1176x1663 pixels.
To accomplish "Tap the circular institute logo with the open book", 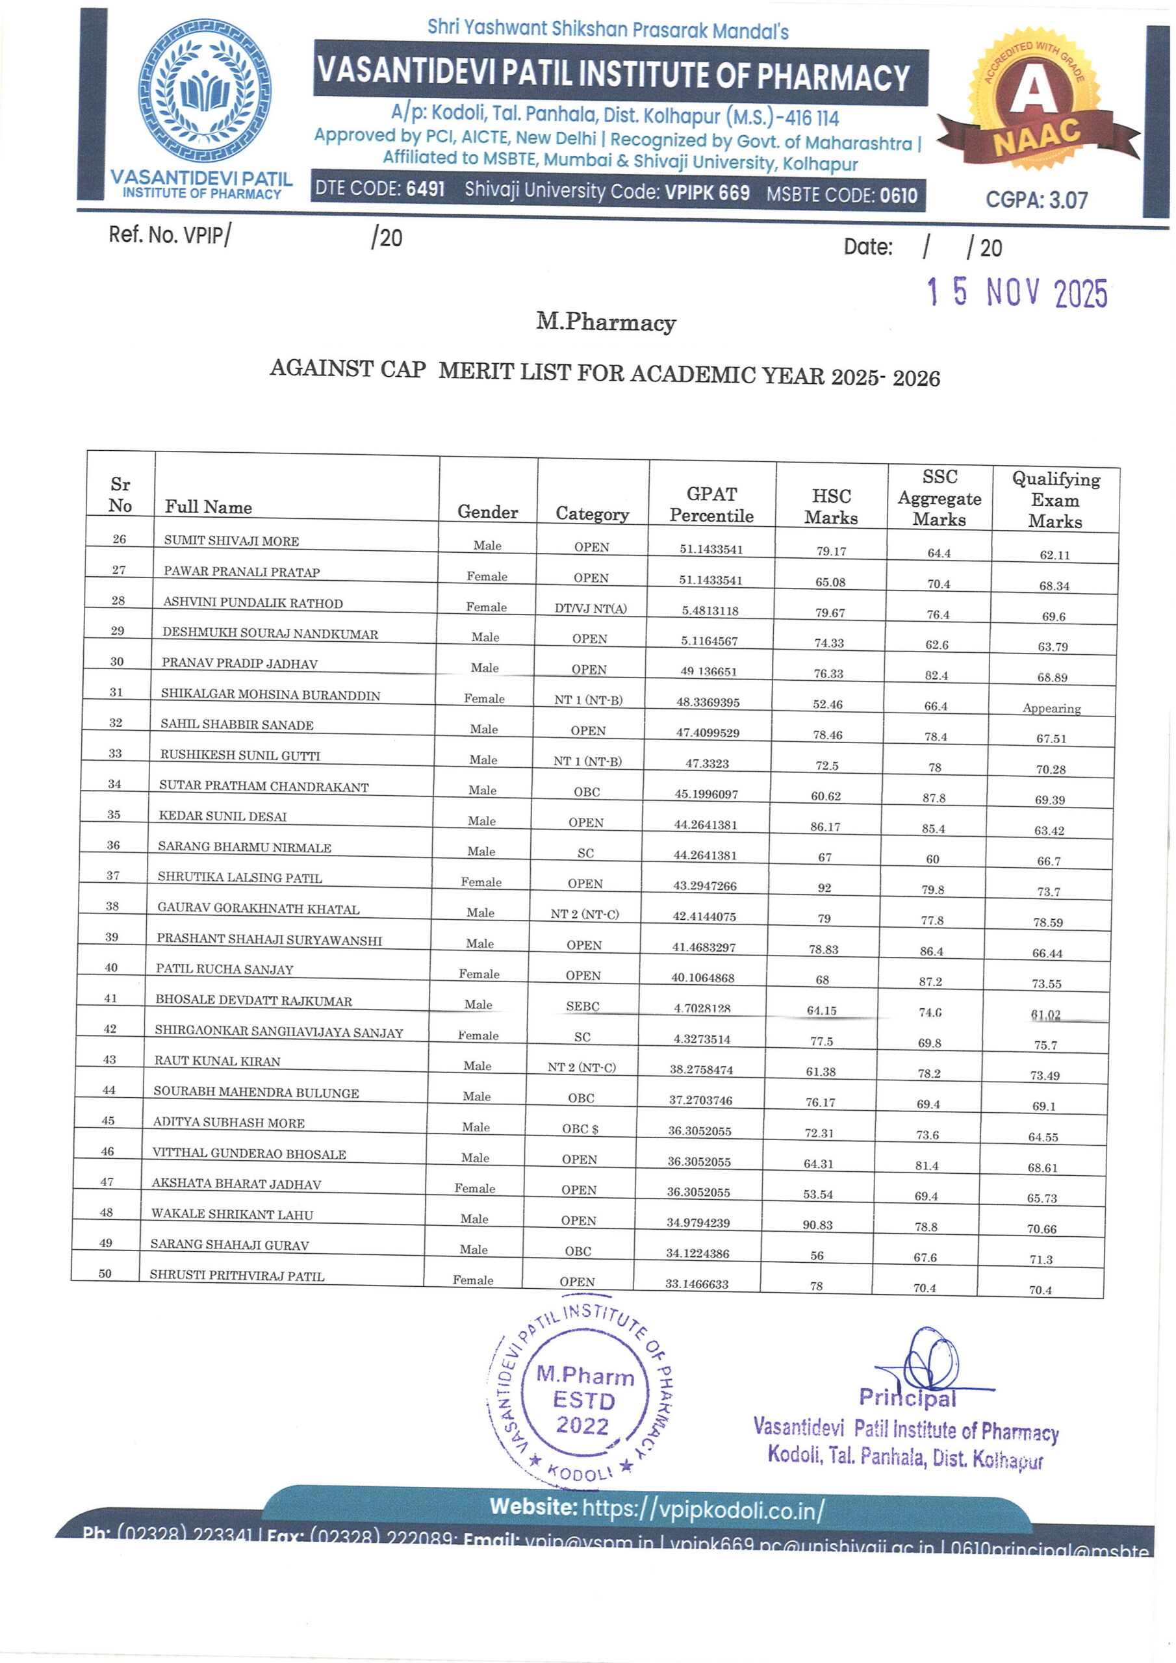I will tap(205, 90).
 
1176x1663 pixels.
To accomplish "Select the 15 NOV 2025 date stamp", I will tap(1017, 292).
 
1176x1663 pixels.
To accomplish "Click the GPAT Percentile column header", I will tap(711, 504).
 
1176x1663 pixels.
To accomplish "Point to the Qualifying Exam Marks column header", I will tap(1055, 500).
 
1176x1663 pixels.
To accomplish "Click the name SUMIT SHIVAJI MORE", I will tap(231, 540).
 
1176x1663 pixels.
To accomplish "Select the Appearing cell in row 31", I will tap(1051, 708).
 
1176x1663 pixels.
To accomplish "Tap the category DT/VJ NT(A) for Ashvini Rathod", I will tap(591, 609).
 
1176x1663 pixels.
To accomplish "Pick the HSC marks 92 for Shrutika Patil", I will tap(824, 888).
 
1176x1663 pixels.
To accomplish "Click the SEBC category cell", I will tap(583, 1006).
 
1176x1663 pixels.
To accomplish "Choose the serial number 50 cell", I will tap(105, 1273).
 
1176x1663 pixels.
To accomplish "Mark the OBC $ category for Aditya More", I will tap(580, 1128).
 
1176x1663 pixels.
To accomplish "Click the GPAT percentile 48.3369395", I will tap(708, 702).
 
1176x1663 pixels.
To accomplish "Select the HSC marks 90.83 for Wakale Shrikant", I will tap(817, 1225).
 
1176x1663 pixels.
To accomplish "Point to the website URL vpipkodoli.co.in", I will tap(702, 1510).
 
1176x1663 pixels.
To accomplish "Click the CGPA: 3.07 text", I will tap(1036, 200).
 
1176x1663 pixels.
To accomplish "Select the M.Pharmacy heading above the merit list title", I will tap(606, 322).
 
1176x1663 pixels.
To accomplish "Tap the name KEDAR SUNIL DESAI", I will tap(222, 817).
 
